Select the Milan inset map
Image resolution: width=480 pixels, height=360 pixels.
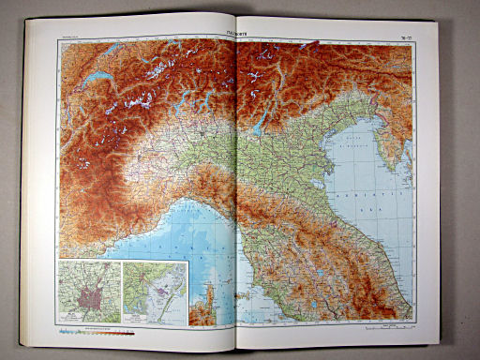tap(89, 293)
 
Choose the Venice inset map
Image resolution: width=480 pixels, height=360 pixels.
tap(156, 292)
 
